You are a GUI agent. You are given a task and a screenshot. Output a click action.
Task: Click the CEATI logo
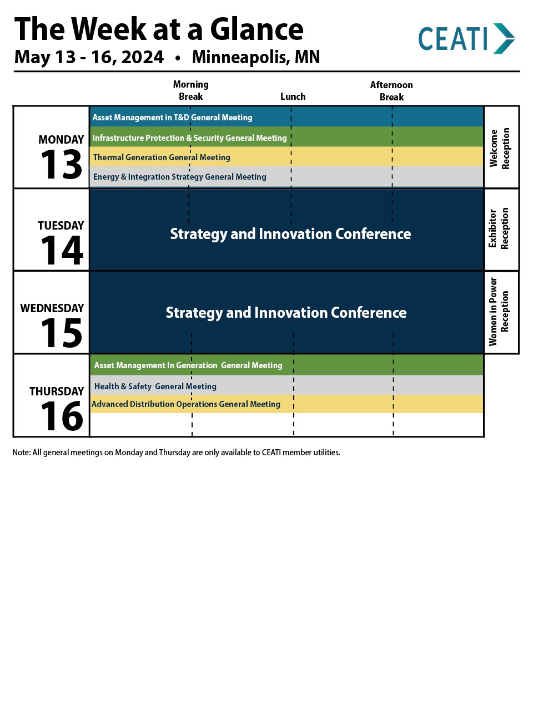coord(466,39)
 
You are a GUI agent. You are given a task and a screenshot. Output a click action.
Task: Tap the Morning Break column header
coord(190,90)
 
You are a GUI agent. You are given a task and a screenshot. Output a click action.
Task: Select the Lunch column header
coord(293,96)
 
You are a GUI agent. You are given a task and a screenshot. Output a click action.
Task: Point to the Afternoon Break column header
coord(391,91)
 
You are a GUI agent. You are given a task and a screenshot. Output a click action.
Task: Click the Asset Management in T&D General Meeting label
coord(173,118)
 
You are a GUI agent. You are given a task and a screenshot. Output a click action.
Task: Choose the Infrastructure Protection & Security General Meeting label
coord(190,138)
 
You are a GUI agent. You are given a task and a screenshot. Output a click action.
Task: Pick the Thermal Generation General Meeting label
coord(162,157)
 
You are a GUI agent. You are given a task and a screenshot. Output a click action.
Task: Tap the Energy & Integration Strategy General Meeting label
coord(180,177)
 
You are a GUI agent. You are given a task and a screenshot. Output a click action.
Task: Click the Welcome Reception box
coord(501,147)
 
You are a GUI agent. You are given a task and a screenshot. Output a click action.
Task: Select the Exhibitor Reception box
coord(501,230)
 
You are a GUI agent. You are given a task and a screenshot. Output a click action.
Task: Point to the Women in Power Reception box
coord(501,312)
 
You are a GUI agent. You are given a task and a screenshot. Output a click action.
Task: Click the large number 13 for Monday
coord(62,164)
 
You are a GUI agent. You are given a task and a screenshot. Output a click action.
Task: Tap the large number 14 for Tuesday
coord(62,250)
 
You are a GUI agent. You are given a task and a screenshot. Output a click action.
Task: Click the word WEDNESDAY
coord(52,308)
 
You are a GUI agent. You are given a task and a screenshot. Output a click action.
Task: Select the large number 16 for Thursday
coord(62,416)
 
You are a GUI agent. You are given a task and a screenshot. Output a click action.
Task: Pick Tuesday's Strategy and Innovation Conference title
coord(290,234)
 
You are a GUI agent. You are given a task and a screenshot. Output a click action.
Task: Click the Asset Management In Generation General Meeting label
coord(188,365)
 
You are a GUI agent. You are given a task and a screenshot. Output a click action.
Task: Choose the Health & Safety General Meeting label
coord(155,386)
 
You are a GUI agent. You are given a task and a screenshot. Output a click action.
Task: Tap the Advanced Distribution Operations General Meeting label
coord(186,404)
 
